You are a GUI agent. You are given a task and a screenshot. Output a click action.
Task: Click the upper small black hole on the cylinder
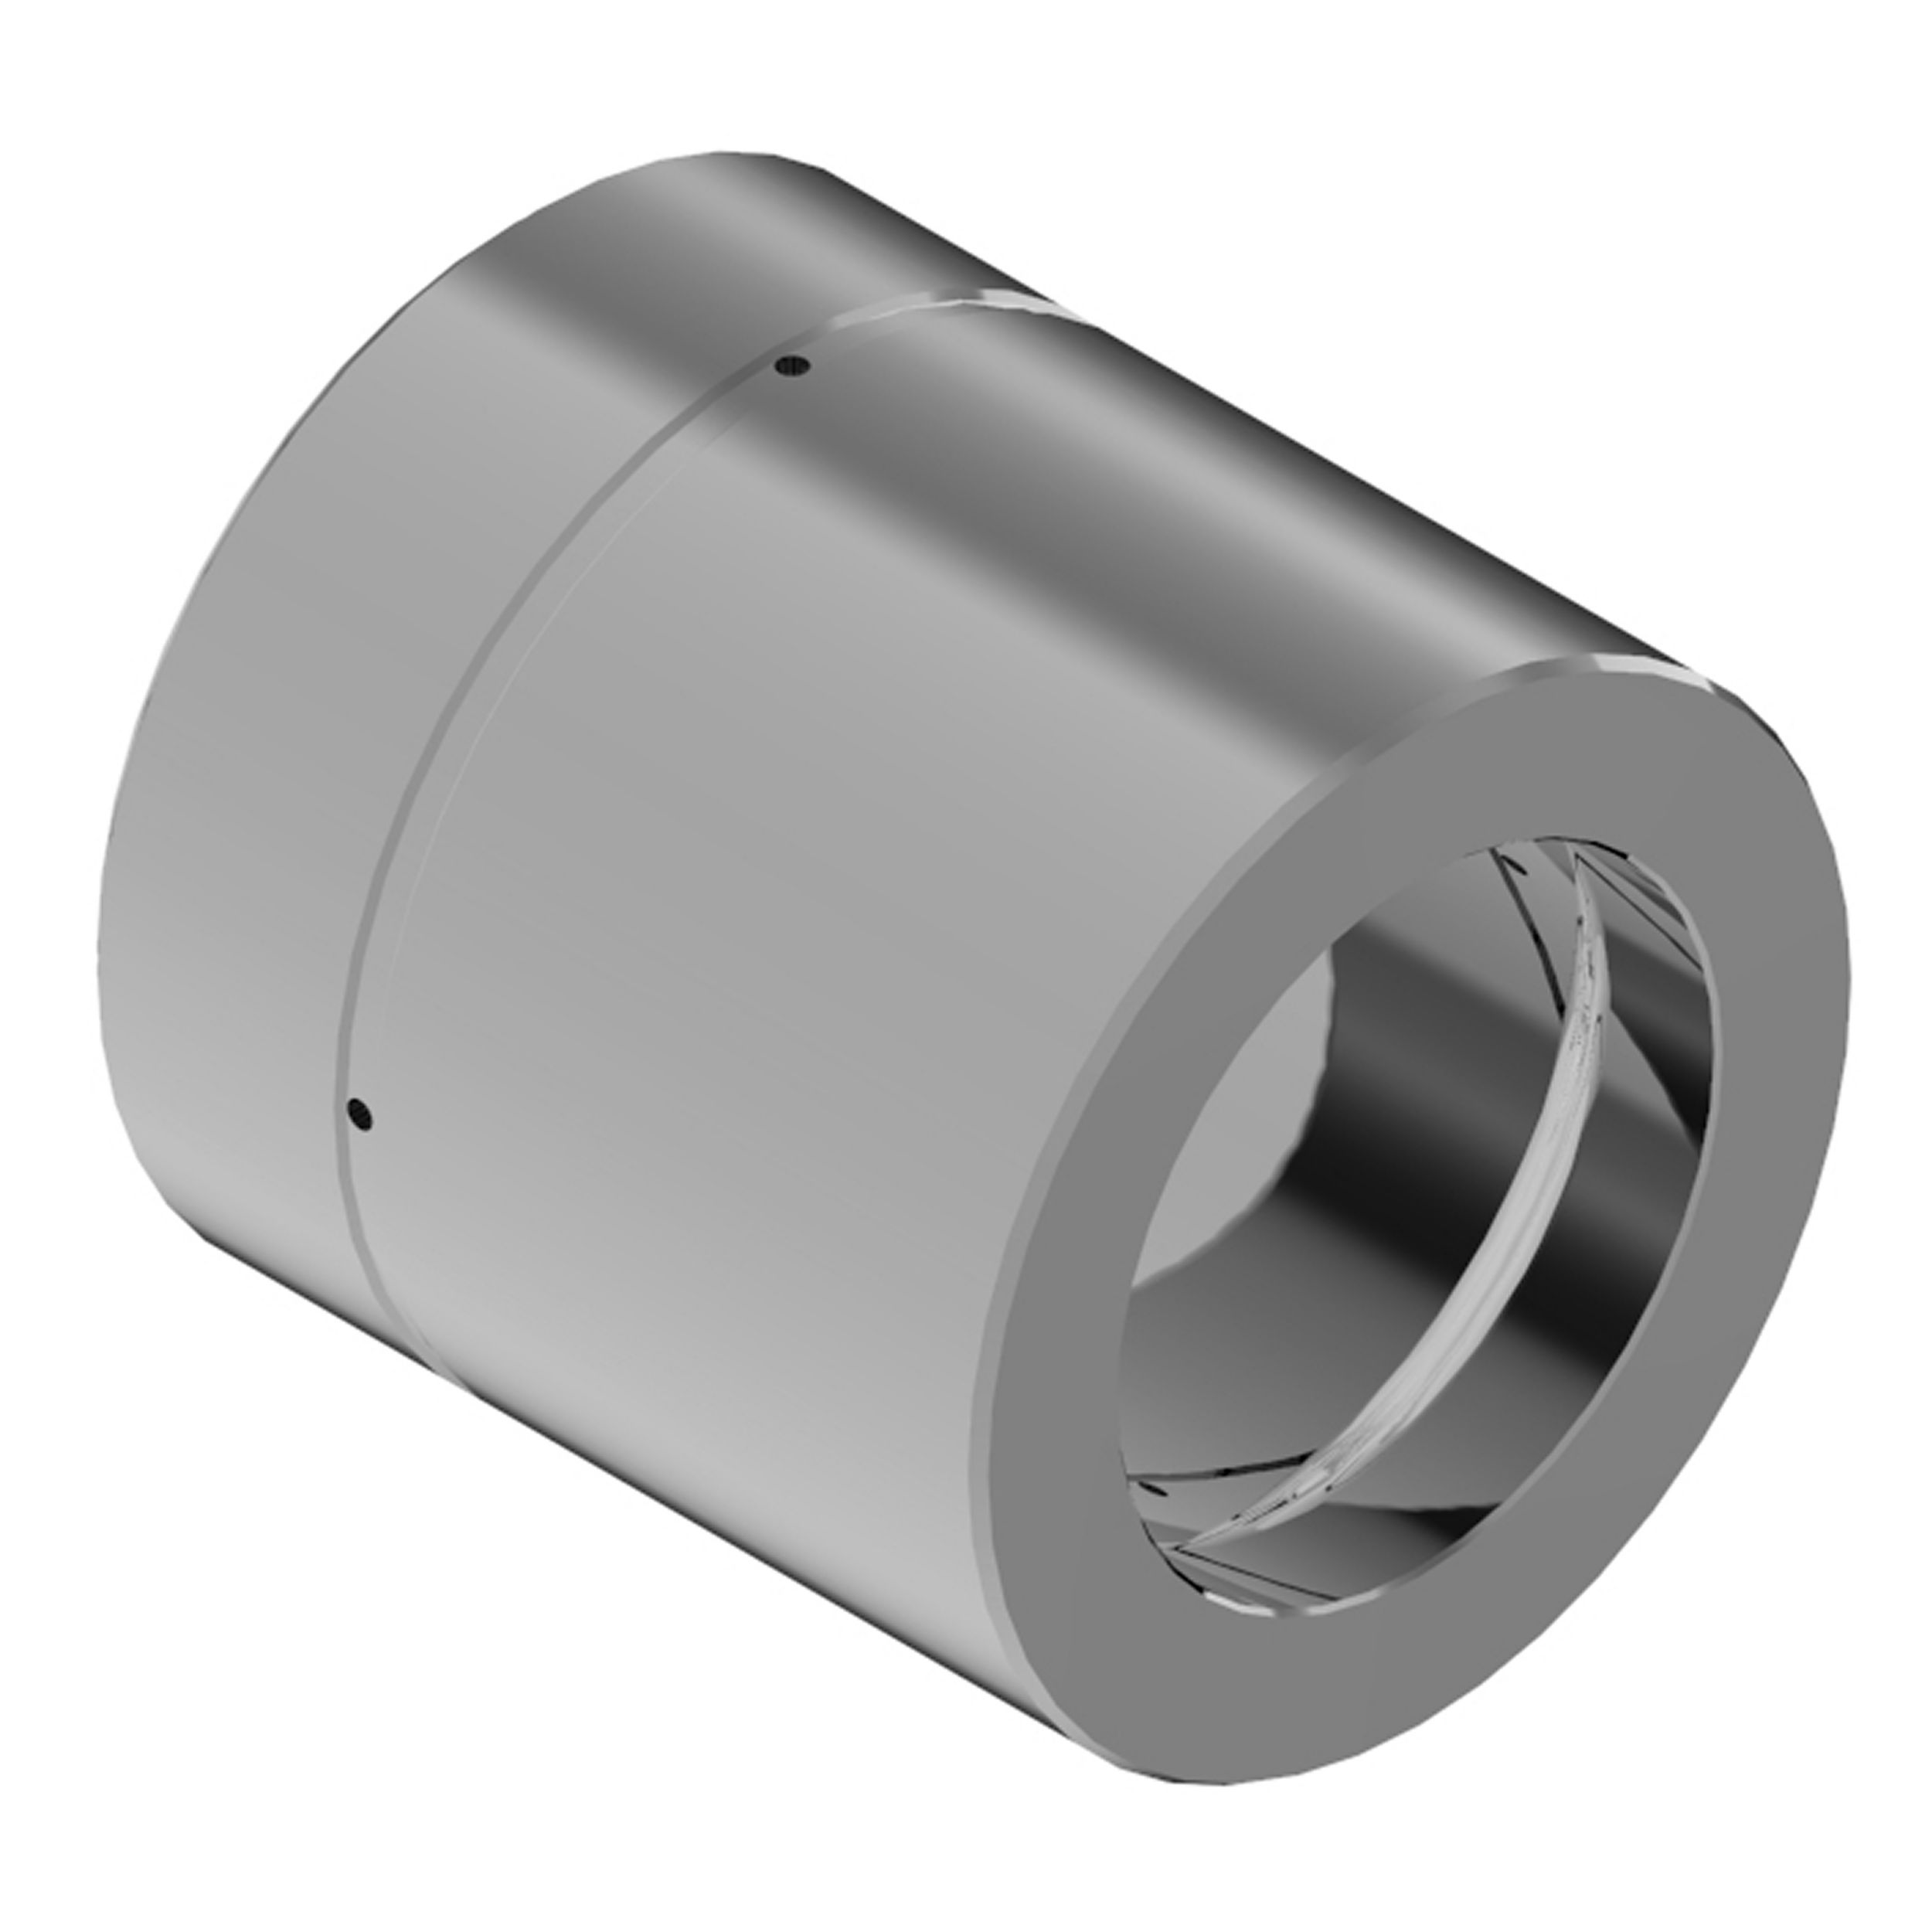coord(796,367)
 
